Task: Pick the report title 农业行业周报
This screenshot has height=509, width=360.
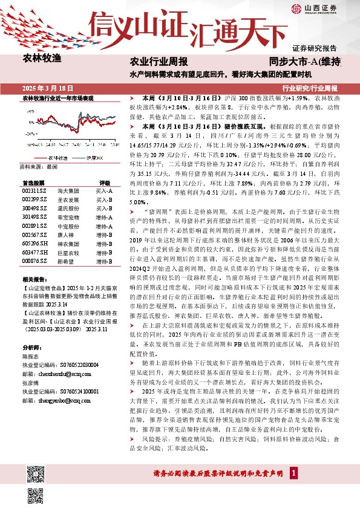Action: click(159, 62)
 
